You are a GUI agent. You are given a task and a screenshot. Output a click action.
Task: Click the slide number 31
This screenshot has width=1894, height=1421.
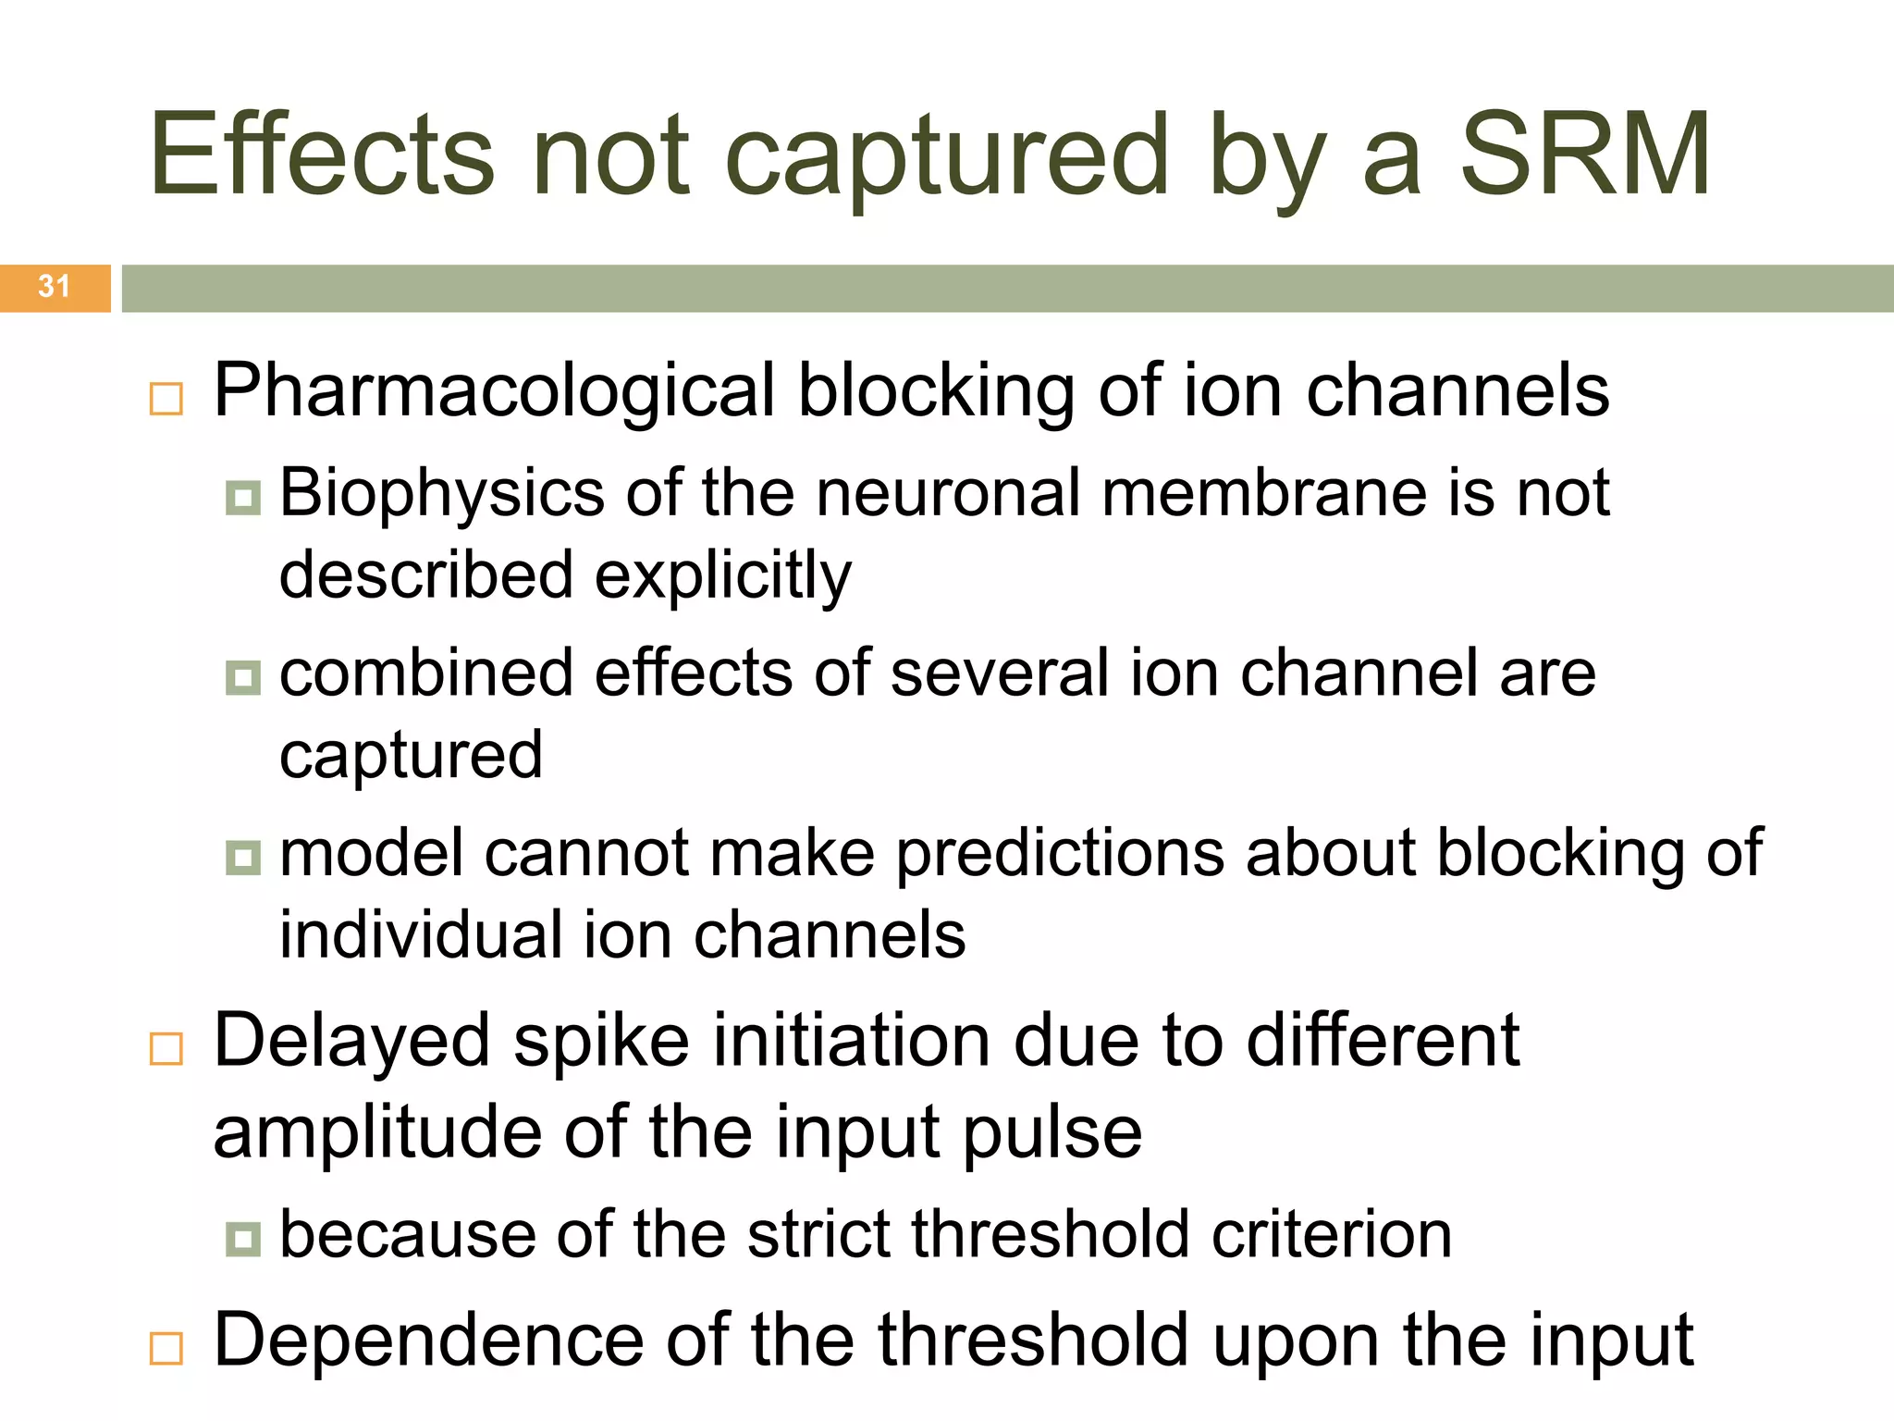[54, 287]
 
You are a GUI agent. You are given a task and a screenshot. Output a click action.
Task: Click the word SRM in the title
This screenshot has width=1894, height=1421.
[1585, 155]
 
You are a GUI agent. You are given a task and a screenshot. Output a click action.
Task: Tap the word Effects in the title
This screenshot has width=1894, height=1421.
[322, 155]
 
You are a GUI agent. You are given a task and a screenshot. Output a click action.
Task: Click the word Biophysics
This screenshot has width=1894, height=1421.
[442, 494]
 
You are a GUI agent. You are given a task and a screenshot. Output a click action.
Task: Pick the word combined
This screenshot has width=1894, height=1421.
[425, 673]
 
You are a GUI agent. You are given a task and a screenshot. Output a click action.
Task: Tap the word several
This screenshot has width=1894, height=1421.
[999, 673]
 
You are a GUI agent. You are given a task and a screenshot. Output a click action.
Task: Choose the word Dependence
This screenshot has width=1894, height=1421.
[429, 1341]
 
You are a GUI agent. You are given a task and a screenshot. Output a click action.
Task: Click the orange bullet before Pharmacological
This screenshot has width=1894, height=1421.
[166, 399]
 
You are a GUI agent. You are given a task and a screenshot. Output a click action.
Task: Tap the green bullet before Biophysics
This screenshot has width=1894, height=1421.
[243, 498]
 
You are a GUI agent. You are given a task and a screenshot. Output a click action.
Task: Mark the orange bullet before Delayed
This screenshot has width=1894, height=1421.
[166, 1049]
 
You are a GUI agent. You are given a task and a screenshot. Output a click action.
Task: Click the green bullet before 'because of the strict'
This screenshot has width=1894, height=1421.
[243, 1239]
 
